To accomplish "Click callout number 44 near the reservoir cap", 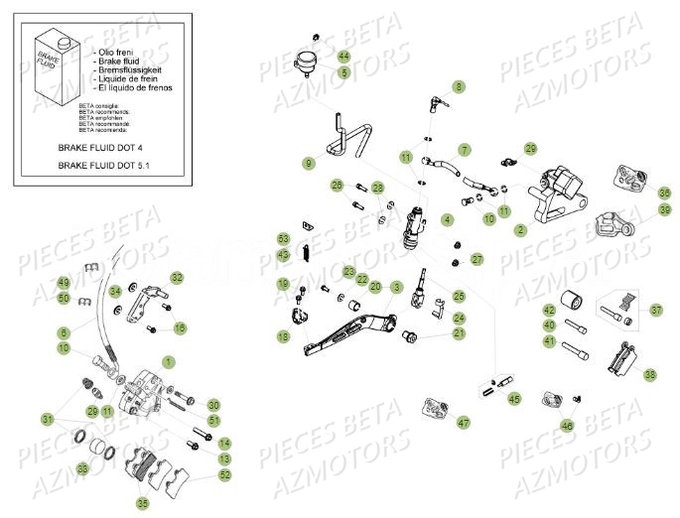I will click(343, 57).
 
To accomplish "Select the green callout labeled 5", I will click(343, 72).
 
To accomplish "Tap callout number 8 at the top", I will click(458, 87).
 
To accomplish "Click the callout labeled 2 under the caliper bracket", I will click(520, 230).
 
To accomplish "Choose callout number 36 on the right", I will click(636, 193).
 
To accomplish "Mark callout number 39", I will click(636, 209).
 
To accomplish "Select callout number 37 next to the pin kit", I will click(655, 311).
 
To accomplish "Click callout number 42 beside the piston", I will click(549, 311).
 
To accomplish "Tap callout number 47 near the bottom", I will click(464, 423).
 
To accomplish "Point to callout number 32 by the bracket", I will click(177, 277).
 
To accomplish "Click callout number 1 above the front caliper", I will click(168, 362).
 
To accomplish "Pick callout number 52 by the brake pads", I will click(224, 475).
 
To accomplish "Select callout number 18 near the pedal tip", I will click(284, 338).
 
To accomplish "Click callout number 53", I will click(284, 239).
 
